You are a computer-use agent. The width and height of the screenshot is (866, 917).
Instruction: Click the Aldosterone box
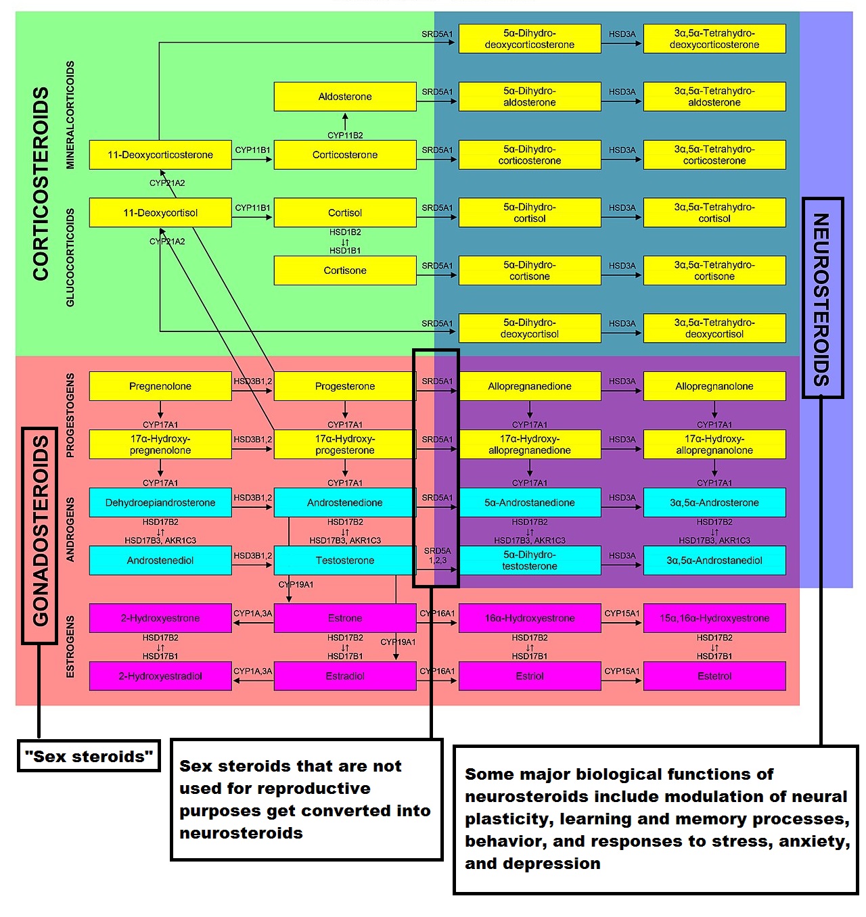345,97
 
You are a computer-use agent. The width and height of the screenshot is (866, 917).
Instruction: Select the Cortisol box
345,212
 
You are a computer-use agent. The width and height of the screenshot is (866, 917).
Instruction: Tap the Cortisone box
345,271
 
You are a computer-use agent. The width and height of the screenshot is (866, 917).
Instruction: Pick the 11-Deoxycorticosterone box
160,155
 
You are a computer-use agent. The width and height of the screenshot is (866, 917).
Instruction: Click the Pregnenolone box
160,386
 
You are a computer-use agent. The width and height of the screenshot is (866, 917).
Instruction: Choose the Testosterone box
345,560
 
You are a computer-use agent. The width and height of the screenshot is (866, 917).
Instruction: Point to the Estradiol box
345,676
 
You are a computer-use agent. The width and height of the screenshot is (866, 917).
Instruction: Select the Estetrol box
714,676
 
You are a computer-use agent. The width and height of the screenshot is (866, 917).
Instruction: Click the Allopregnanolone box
714,386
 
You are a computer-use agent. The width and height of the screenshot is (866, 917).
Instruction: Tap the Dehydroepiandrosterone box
160,502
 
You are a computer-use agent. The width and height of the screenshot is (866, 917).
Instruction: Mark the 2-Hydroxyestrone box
160,618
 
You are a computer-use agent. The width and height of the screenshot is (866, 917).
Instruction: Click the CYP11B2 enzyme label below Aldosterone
345,135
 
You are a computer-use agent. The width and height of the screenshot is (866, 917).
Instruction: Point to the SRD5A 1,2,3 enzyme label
438,555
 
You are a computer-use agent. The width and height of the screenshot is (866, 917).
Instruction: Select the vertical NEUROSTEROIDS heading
821,298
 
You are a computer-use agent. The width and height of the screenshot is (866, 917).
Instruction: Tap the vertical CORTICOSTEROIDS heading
41,183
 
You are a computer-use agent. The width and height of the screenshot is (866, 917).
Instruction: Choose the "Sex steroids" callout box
89,756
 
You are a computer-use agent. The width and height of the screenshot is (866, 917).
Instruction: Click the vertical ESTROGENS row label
70,646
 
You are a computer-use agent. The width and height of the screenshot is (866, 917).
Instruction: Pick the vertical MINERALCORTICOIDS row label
70,115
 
